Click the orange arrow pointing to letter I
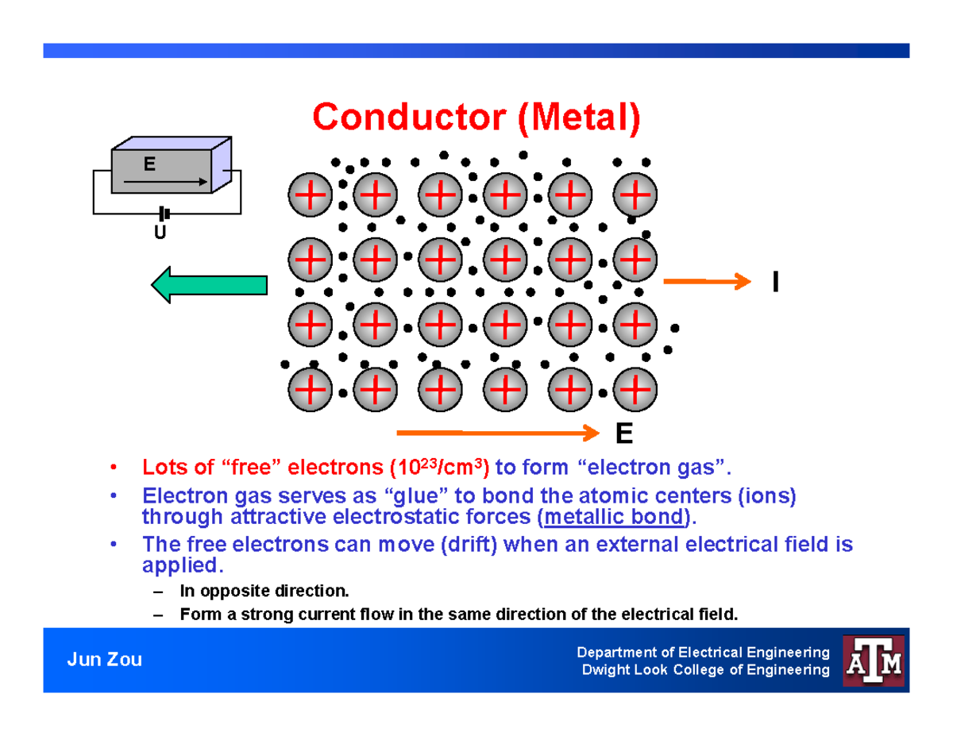point(706,281)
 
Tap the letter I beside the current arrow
point(774,282)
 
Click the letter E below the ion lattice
point(623,435)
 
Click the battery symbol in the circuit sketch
point(164,214)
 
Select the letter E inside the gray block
point(149,164)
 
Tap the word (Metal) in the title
point(579,118)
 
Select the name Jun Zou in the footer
point(104,660)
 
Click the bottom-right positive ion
point(635,390)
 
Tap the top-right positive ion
point(635,195)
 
